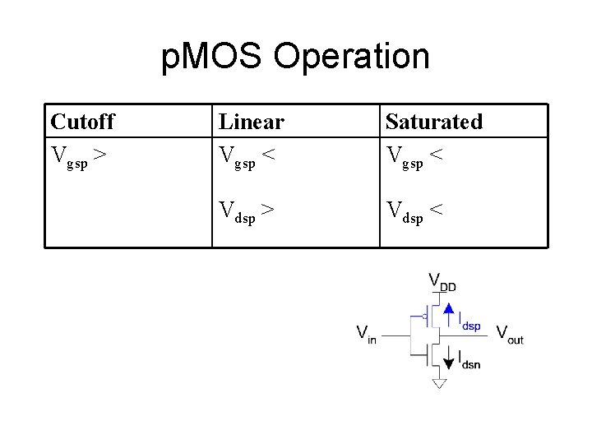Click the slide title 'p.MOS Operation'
(295, 57)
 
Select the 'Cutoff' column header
(82, 122)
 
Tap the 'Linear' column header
(251, 122)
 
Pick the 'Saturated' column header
(433, 122)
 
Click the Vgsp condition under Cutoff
(78, 155)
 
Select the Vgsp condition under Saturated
(416, 155)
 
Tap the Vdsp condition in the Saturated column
(416, 211)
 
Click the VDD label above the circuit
(442, 281)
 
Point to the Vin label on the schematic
(366, 334)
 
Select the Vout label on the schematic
(509, 334)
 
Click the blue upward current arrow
(448, 313)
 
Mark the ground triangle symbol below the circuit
(439, 383)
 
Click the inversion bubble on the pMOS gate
(423, 315)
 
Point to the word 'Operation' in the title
(352, 57)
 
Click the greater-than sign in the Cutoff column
(99, 153)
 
